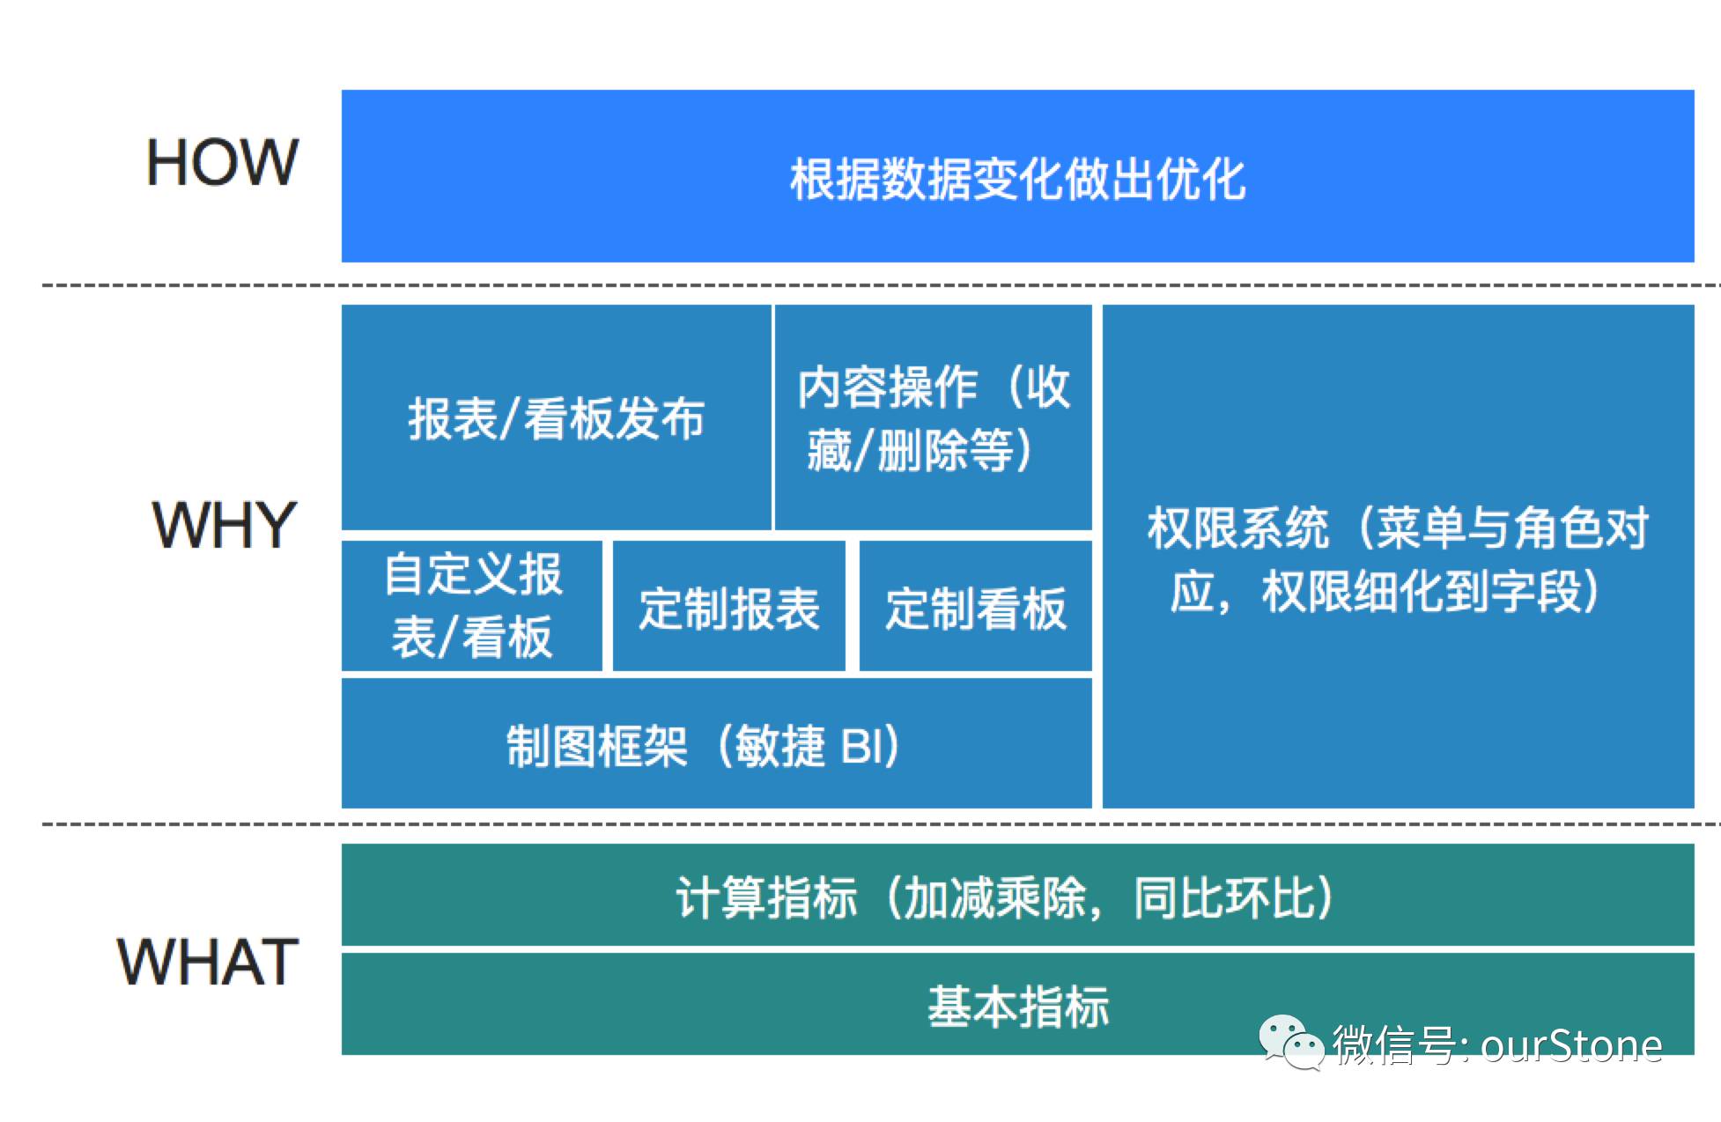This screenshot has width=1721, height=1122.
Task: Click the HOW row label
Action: coord(222,162)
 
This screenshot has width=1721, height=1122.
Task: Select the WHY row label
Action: coord(225,525)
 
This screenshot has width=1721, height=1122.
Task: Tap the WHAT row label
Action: coord(208,961)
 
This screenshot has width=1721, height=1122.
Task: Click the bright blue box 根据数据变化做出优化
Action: coord(1017,176)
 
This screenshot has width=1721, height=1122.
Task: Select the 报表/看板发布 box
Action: coord(556,417)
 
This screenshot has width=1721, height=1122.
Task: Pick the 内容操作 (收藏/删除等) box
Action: coord(934,417)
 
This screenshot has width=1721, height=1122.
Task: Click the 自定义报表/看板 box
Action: coord(472,606)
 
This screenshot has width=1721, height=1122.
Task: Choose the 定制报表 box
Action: coord(729,606)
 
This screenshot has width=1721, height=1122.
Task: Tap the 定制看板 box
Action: coord(976,606)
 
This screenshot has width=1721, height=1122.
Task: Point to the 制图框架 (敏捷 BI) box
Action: coord(717,742)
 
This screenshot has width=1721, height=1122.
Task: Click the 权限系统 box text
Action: coord(1398,558)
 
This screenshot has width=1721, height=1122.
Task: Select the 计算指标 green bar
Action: coord(1017,895)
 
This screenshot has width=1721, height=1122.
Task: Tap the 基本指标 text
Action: coord(1018,1006)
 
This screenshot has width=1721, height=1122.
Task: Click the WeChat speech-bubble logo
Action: coord(1291,1042)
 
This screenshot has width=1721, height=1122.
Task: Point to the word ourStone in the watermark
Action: coord(1571,1045)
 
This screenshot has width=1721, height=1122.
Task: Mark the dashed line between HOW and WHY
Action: coord(881,285)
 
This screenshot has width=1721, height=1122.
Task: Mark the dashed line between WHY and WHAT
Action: coord(881,824)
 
